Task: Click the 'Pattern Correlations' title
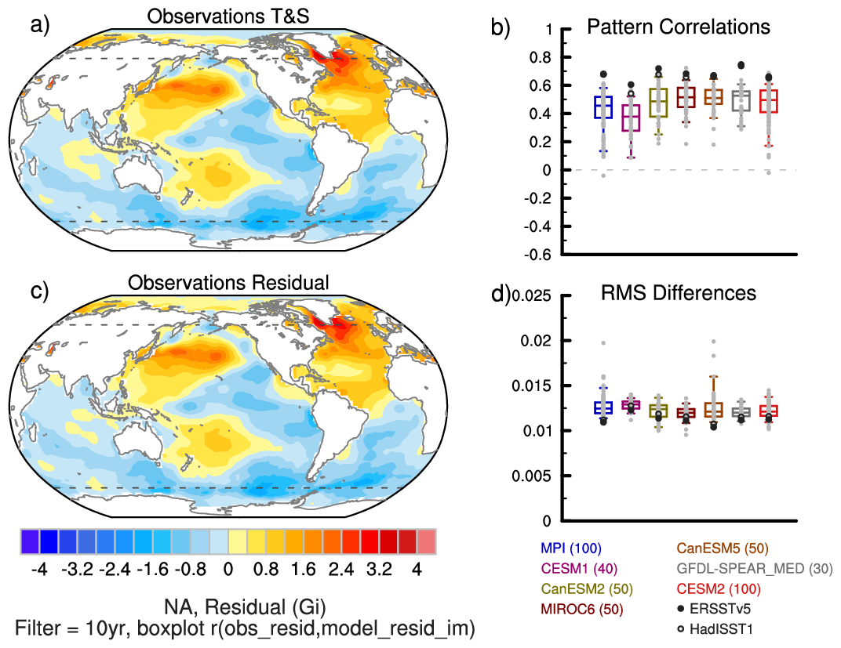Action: pos(679,27)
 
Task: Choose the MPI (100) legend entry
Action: pos(570,548)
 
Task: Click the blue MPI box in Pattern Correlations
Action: pos(603,107)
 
